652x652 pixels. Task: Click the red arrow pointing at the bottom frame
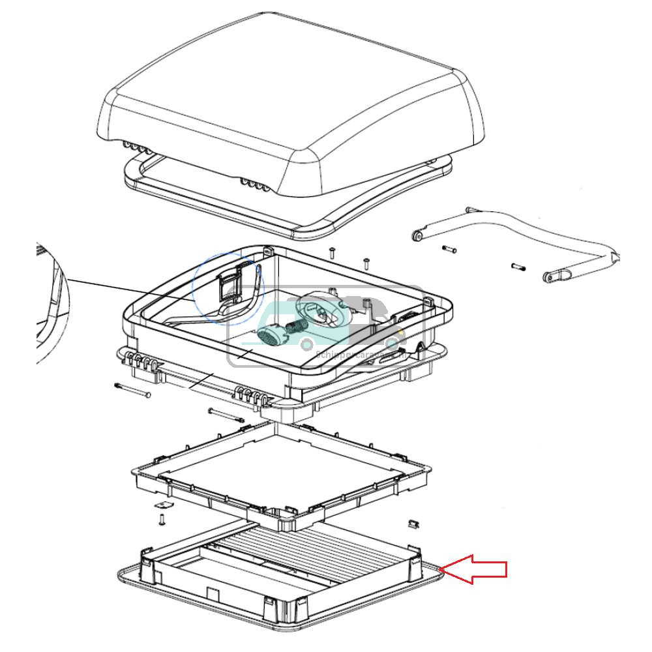click(476, 570)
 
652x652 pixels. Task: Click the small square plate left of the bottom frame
click(164, 507)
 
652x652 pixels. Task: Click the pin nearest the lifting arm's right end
click(519, 265)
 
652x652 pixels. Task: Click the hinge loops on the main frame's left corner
click(141, 361)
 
